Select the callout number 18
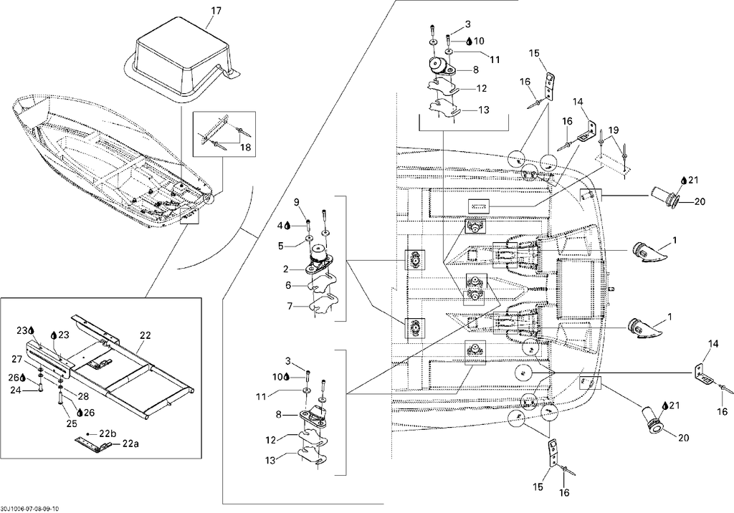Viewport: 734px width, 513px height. pos(245,148)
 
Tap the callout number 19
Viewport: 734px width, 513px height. pos(613,130)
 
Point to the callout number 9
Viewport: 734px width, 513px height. pos(296,202)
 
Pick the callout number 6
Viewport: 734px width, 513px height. pos(288,286)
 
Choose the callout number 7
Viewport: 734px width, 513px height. pos(290,306)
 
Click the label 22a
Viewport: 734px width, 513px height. pos(130,444)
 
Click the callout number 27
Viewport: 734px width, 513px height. pos(17,360)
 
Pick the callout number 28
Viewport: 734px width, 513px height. pos(83,396)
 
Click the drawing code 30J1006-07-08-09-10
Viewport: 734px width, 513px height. pos(30,509)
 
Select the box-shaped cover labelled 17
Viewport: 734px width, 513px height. pos(183,59)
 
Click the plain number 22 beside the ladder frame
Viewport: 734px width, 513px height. pos(145,335)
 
